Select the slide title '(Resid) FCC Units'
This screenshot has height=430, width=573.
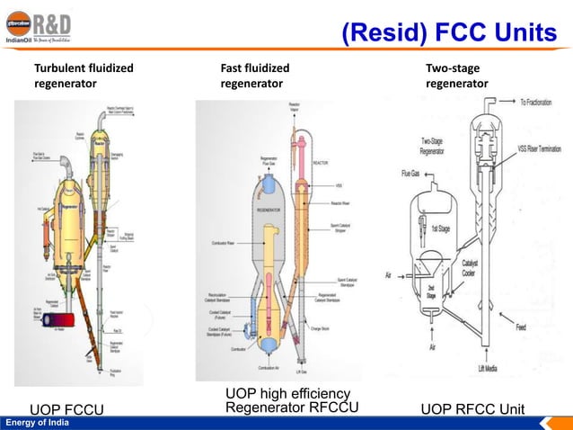(449, 33)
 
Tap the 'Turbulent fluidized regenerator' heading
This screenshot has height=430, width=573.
(84, 76)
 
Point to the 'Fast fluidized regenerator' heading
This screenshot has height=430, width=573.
(255, 76)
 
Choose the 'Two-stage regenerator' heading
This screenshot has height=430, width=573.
(457, 76)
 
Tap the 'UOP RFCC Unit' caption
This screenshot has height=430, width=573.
(472, 410)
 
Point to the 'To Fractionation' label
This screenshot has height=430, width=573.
(544, 103)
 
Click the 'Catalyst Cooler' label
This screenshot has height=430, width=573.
(473, 267)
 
